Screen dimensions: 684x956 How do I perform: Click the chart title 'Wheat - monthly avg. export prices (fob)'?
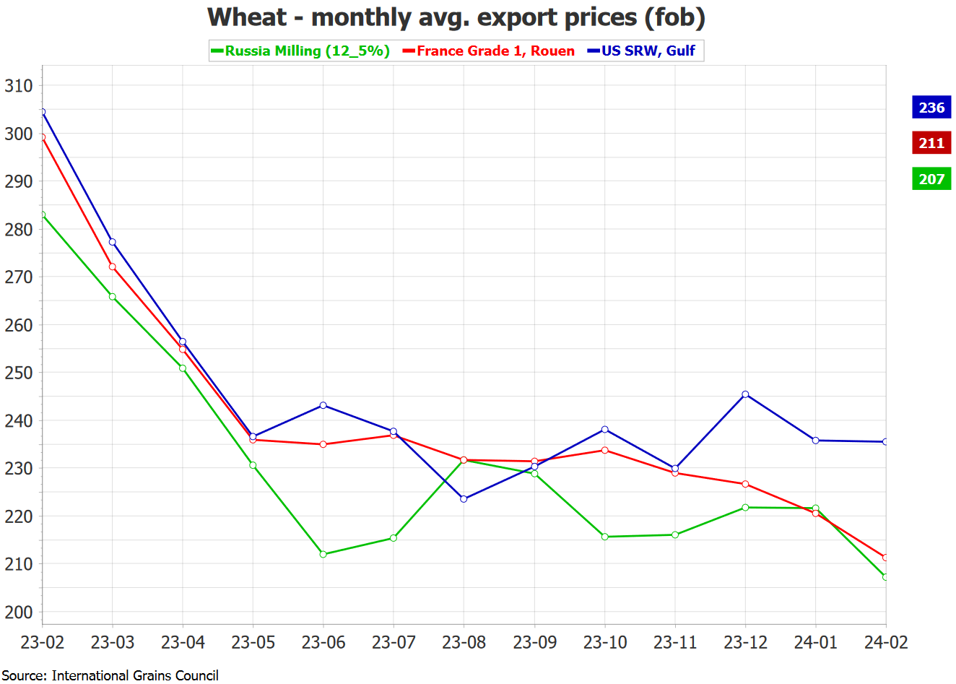(x=456, y=17)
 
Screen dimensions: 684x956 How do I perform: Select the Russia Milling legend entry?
(x=300, y=51)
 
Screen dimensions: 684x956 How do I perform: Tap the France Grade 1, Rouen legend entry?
(x=489, y=51)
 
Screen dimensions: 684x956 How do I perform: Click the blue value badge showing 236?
(x=931, y=108)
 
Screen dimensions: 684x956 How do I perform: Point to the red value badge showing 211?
(x=931, y=143)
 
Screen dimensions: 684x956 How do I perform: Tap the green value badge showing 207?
(x=931, y=179)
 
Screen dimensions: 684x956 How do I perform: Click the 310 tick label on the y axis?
(x=19, y=86)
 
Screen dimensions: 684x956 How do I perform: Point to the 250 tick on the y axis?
(x=19, y=373)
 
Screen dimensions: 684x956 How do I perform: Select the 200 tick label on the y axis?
(x=19, y=612)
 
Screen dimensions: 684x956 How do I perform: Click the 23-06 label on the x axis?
(x=323, y=642)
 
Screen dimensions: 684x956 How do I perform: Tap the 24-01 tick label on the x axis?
(x=815, y=642)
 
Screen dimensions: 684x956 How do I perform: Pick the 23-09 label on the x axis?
(x=534, y=642)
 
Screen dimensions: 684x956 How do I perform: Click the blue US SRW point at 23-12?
(x=745, y=394)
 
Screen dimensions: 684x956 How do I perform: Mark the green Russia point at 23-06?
(x=323, y=554)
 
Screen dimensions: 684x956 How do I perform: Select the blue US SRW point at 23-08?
(x=464, y=499)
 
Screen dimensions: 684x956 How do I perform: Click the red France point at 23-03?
(x=113, y=267)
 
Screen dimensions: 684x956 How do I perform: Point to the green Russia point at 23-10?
(x=604, y=537)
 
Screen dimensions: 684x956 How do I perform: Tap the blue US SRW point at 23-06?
(x=323, y=405)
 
